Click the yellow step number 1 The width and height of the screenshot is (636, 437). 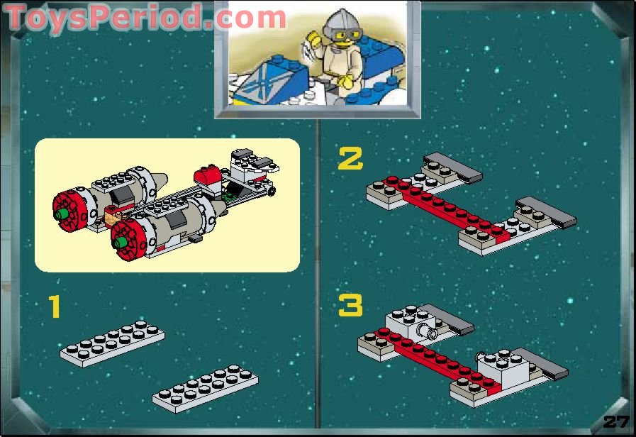coord(54,308)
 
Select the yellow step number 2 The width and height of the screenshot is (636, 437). coord(350,159)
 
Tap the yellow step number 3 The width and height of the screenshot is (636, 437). coord(350,306)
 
